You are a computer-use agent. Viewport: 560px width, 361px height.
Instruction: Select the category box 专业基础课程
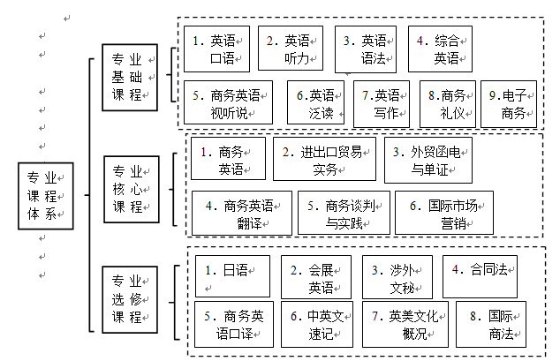point(131,78)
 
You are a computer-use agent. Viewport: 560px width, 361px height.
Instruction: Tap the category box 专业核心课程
point(131,188)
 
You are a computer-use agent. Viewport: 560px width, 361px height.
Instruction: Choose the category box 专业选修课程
point(131,299)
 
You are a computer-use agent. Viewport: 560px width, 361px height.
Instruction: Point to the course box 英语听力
point(291,49)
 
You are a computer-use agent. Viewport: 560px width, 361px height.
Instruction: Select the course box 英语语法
point(365,49)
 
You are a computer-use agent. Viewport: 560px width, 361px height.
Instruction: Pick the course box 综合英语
point(439,49)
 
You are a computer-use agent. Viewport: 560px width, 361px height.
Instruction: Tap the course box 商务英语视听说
point(229,103)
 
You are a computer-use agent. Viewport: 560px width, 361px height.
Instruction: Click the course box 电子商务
point(509,103)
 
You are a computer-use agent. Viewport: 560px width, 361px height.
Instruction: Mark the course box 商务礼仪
point(445,103)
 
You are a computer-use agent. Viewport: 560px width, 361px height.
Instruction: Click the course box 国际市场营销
point(443,213)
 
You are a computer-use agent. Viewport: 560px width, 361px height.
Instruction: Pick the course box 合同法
point(480,276)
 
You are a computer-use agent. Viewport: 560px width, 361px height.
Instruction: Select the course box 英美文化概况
point(405,324)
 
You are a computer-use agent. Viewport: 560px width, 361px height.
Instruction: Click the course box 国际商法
point(490,324)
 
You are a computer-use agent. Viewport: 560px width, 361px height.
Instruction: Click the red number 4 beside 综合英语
point(421,41)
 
